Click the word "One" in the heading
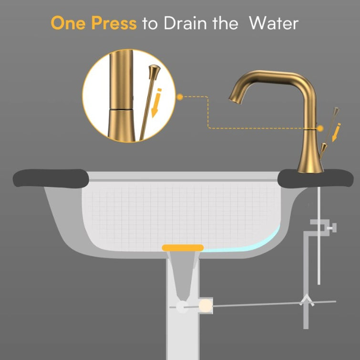coord(69,23)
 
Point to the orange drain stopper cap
coord(183,247)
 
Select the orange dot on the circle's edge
coord(180,97)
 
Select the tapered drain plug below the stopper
coord(183,277)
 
